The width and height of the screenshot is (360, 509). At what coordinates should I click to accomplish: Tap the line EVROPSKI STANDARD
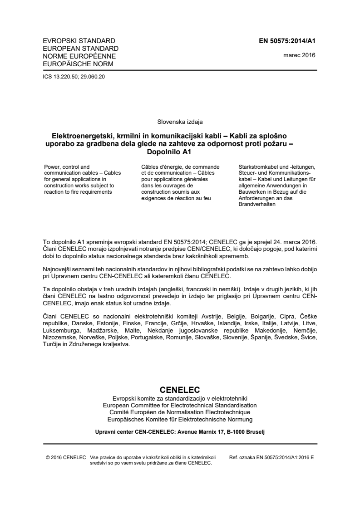pyautogui.click(x=72, y=41)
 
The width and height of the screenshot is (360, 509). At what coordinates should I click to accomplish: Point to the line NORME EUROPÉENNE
pyautogui.click(x=73, y=56)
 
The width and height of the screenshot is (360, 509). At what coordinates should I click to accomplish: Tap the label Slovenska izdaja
pyautogui.click(x=180, y=122)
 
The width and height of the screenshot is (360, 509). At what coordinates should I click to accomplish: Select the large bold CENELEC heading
pyautogui.click(x=180, y=390)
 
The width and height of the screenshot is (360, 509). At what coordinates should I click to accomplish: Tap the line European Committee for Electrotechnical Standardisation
pyautogui.click(x=180, y=405)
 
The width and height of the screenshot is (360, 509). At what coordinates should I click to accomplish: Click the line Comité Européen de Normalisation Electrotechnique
pyautogui.click(x=180, y=412)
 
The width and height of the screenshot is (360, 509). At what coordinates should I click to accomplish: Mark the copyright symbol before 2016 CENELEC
pyautogui.click(x=48, y=457)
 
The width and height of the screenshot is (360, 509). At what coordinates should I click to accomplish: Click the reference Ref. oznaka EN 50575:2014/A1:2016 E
pyautogui.click(x=272, y=457)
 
